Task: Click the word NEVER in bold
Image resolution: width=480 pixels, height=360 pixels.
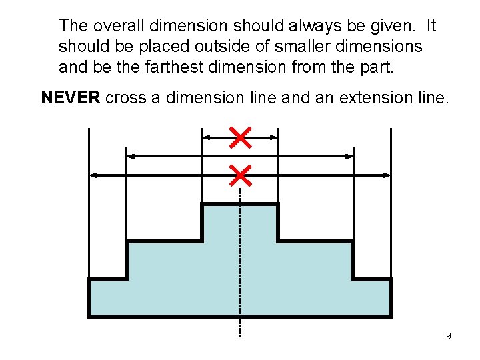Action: [71, 98]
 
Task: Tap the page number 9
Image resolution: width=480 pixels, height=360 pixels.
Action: [448, 336]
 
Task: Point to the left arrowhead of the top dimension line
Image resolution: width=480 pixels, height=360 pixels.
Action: [206, 137]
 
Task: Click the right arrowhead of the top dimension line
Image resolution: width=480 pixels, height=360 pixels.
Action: [273, 137]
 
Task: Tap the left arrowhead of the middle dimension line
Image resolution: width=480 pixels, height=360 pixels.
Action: [131, 156]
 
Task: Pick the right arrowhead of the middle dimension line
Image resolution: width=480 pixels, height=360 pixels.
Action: [349, 156]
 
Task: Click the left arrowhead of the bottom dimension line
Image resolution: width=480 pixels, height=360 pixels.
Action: [93, 175]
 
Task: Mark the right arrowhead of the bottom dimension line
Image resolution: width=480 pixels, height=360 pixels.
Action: [387, 175]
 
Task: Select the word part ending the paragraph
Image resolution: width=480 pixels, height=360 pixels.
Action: [378, 68]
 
